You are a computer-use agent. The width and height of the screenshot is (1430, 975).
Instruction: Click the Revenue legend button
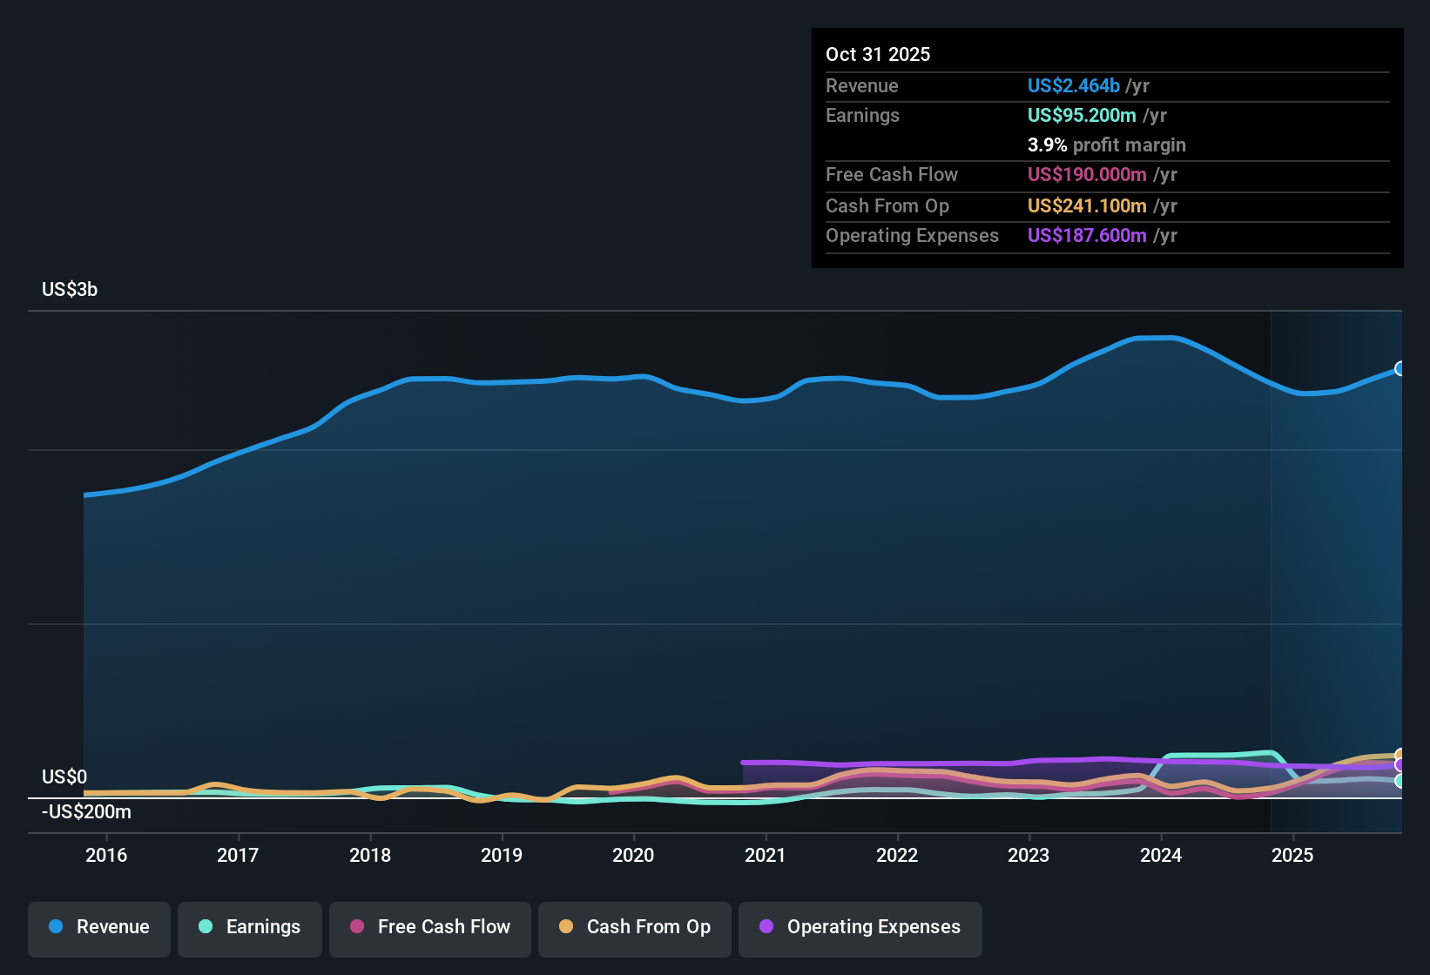[x=99, y=927]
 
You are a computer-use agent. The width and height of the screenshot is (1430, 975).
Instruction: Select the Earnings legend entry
[x=250, y=927]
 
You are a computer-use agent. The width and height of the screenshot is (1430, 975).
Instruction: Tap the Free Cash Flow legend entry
[x=430, y=927]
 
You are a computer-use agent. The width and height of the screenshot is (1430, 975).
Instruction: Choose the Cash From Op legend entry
[x=635, y=927]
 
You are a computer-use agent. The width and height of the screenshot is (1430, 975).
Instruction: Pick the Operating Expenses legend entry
[x=860, y=927]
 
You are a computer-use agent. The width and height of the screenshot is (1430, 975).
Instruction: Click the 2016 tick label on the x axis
[x=106, y=855]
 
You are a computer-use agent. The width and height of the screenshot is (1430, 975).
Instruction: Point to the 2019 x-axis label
[x=502, y=855]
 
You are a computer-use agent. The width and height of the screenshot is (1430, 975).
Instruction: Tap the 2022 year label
[x=897, y=855]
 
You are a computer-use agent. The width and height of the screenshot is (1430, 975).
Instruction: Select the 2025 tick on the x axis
[x=1292, y=855]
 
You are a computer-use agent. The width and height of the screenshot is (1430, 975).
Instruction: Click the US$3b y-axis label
[x=70, y=290]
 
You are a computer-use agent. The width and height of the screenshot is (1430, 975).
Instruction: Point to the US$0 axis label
[x=64, y=777]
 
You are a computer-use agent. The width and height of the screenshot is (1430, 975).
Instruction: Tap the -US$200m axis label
[x=87, y=812]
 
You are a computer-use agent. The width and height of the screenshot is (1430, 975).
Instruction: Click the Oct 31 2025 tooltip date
[x=878, y=55]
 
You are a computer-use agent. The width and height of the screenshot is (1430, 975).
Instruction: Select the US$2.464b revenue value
[x=1073, y=86]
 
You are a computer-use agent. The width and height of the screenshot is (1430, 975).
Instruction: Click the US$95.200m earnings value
[x=1082, y=116]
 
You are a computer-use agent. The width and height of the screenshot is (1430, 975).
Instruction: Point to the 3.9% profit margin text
[x=1106, y=145]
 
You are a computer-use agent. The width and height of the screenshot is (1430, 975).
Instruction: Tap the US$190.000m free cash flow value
[x=1087, y=175]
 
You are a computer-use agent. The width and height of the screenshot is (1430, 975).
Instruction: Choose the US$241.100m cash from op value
[x=1087, y=206]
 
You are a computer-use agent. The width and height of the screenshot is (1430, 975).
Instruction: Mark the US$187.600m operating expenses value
[x=1087, y=236]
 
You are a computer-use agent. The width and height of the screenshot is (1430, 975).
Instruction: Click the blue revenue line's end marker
[x=1400, y=368]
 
